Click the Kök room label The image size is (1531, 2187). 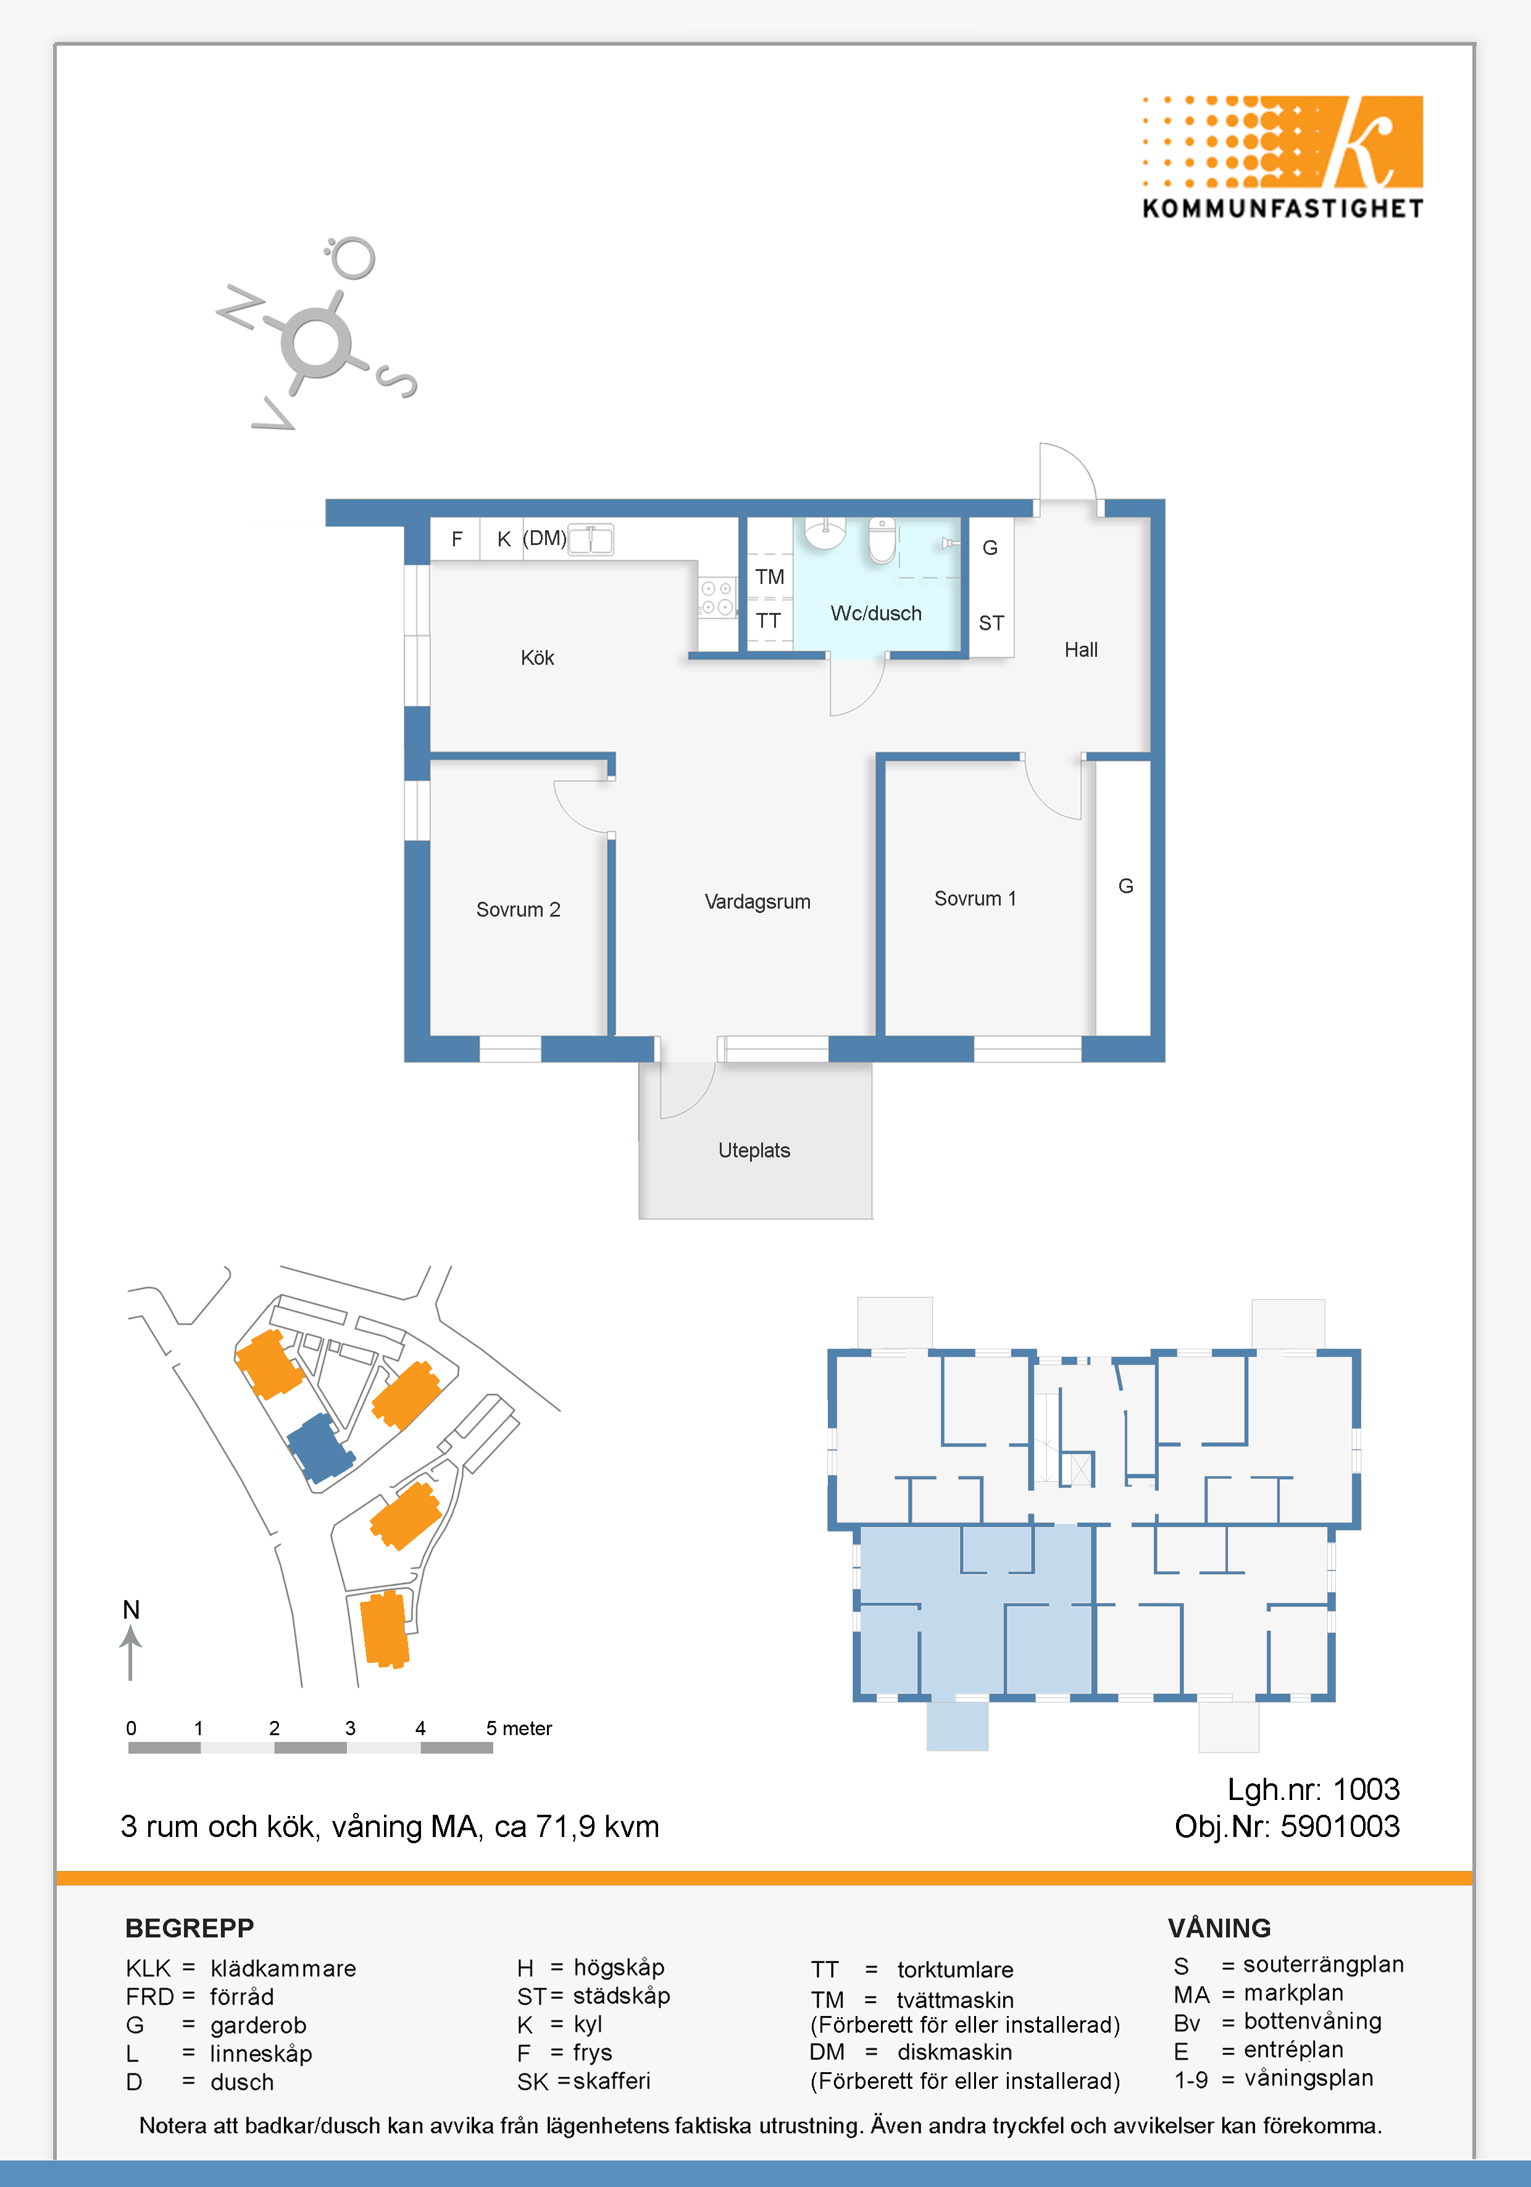[x=537, y=657]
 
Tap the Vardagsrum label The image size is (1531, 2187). [x=757, y=901]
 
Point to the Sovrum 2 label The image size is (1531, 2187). [x=519, y=910]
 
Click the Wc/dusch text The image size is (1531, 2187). [x=875, y=614]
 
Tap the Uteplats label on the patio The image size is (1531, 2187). [x=754, y=1150]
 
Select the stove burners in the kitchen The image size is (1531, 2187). [x=717, y=598]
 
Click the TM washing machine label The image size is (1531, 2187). [x=770, y=577]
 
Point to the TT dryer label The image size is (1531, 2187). [x=768, y=621]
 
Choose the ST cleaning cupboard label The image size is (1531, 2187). [x=991, y=623]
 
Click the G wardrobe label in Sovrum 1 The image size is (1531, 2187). [x=1125, y=886]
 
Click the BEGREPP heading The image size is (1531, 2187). [x=190, y=1928]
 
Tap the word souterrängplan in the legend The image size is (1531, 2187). [x=1324, y=1964]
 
